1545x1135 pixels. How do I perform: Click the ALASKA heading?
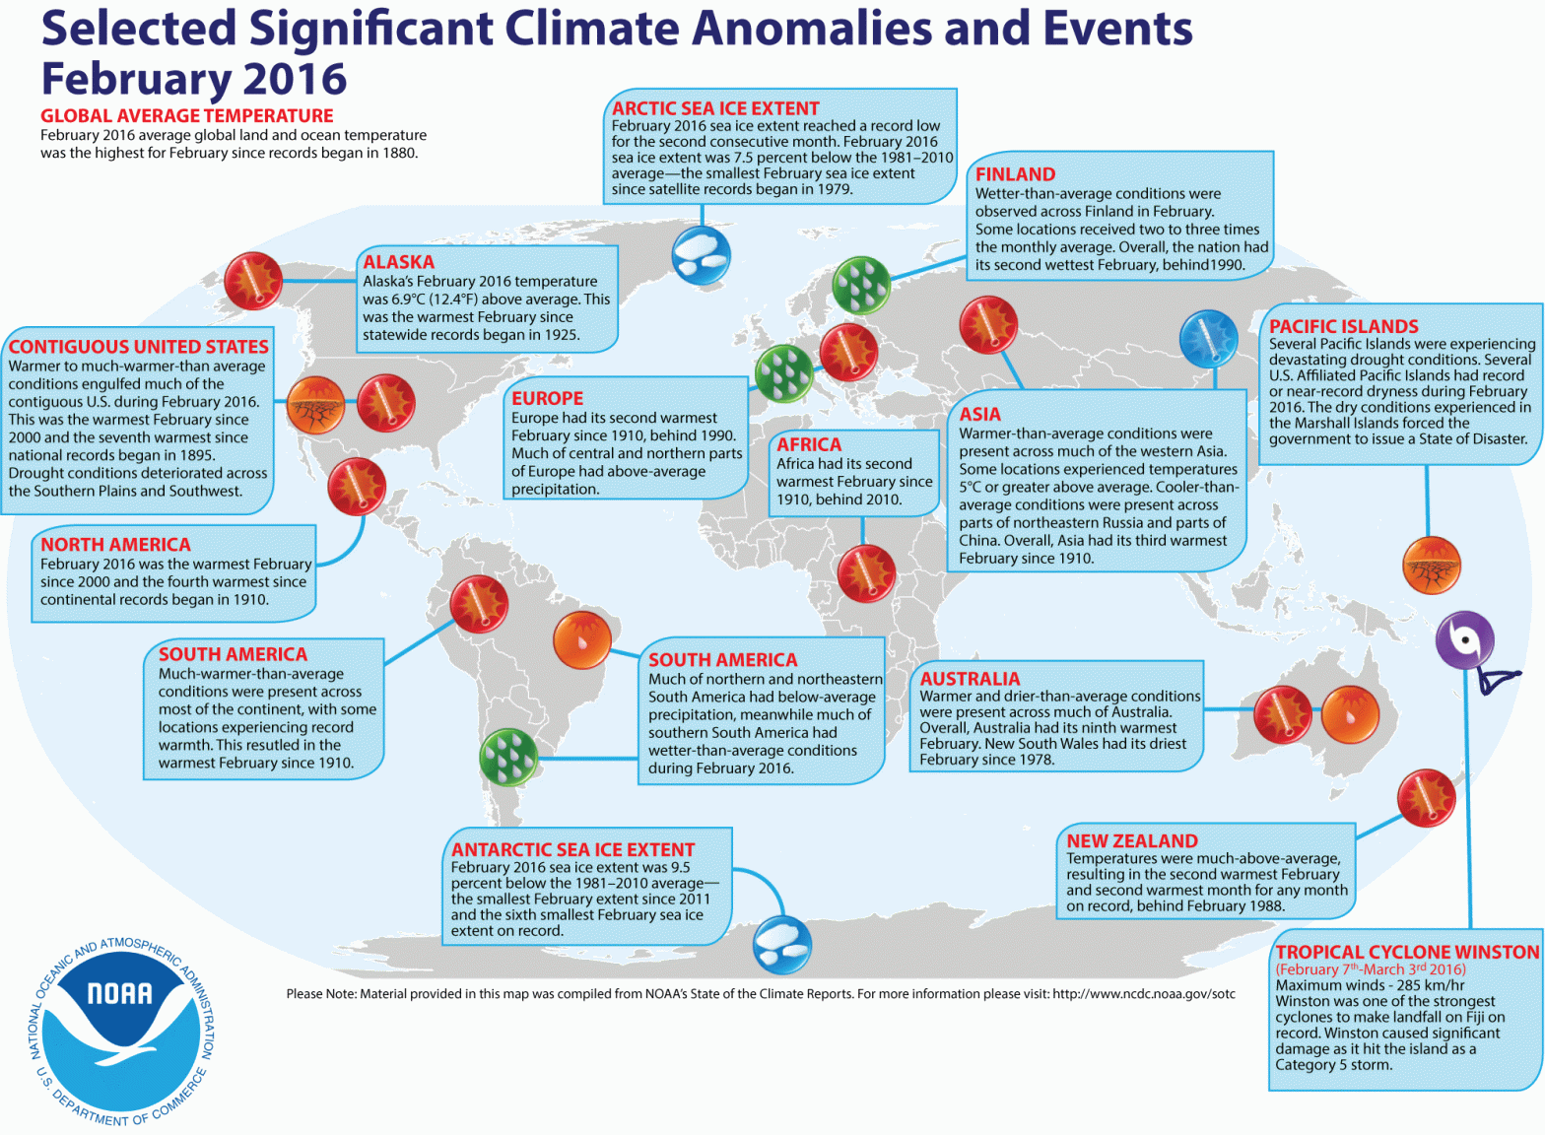[398, 262]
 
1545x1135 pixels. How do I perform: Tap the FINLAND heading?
[1015, 174]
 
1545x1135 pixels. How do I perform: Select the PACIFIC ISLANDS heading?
[1343, 326]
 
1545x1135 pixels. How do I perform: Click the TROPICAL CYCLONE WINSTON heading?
[1406, 952]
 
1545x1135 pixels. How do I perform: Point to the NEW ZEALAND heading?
[1131, 840]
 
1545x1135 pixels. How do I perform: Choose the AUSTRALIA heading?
[970, 679]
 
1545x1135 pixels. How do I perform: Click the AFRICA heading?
[808, 444]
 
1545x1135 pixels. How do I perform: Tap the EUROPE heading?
[547, 398]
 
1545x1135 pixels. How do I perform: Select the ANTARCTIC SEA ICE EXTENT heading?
[572, 849]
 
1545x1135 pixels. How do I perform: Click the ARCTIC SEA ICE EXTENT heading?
[715, 108]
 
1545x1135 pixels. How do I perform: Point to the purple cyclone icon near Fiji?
[1464, 639]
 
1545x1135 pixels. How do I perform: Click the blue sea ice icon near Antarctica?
[782, 944]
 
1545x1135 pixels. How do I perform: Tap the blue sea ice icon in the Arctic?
[702, 254]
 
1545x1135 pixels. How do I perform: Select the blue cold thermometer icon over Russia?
[1208, 338]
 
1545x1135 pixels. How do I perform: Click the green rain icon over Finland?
[861, 285]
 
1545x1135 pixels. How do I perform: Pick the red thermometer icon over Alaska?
[253, 281]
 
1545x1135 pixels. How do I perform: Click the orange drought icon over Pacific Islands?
[1431, 566]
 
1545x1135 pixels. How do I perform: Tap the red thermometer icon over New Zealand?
[1426, 798]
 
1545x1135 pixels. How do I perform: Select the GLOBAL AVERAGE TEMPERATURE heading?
[187, 115]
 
